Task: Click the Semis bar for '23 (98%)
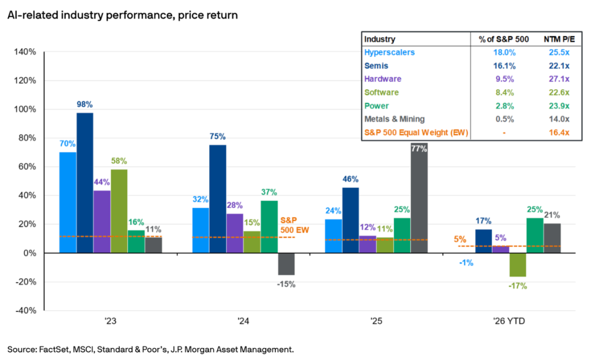[x=85, y=183]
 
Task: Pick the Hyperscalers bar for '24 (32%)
[x=201, y=230]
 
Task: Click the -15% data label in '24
[x=286, y=284]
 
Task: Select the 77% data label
[x=419, y=148]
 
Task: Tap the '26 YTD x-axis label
[x=509, y=322]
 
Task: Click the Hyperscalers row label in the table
[x=390, y=53]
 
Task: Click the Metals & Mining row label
[x=395, y=119]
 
